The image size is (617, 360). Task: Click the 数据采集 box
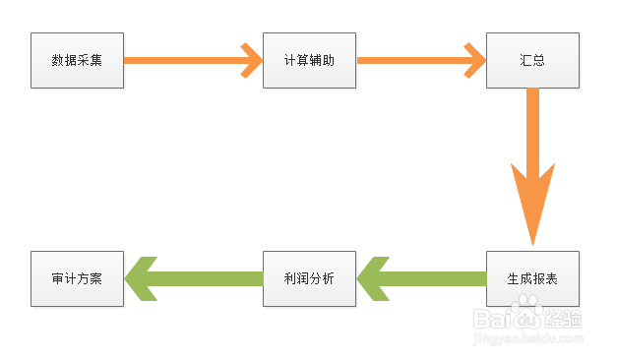[x=77, y=60]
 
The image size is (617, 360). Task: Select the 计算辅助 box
[x=309, y=60]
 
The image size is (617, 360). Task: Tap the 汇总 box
[x=532, y=60]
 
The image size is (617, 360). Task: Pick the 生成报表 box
[x=532, y=278]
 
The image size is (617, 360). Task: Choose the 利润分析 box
[x=309, y=278]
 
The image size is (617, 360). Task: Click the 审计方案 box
[x=77, y=278]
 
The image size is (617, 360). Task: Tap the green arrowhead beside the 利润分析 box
[x=374, y=278]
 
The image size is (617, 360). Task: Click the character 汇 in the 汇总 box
[x=525, y=60]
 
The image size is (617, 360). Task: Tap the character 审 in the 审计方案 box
[x=58, y=278]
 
